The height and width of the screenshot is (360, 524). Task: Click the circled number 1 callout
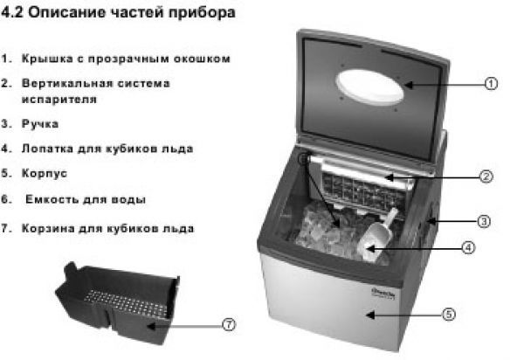491,84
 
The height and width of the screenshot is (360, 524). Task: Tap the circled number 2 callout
486,177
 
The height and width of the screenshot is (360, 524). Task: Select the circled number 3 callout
484,221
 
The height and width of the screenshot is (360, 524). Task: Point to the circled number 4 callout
468,247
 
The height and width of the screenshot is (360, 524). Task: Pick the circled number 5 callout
449,315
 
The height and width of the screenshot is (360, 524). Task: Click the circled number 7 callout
229,324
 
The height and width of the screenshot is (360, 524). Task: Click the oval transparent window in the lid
370,87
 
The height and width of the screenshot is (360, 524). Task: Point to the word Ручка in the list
40,124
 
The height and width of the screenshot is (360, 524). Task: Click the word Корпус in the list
45,174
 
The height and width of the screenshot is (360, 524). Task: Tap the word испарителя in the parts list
59,100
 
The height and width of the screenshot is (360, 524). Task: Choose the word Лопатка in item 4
47,149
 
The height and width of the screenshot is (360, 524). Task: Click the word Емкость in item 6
51,199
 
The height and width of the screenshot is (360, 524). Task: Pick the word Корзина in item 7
47,229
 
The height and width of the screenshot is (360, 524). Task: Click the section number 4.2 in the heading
12,12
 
